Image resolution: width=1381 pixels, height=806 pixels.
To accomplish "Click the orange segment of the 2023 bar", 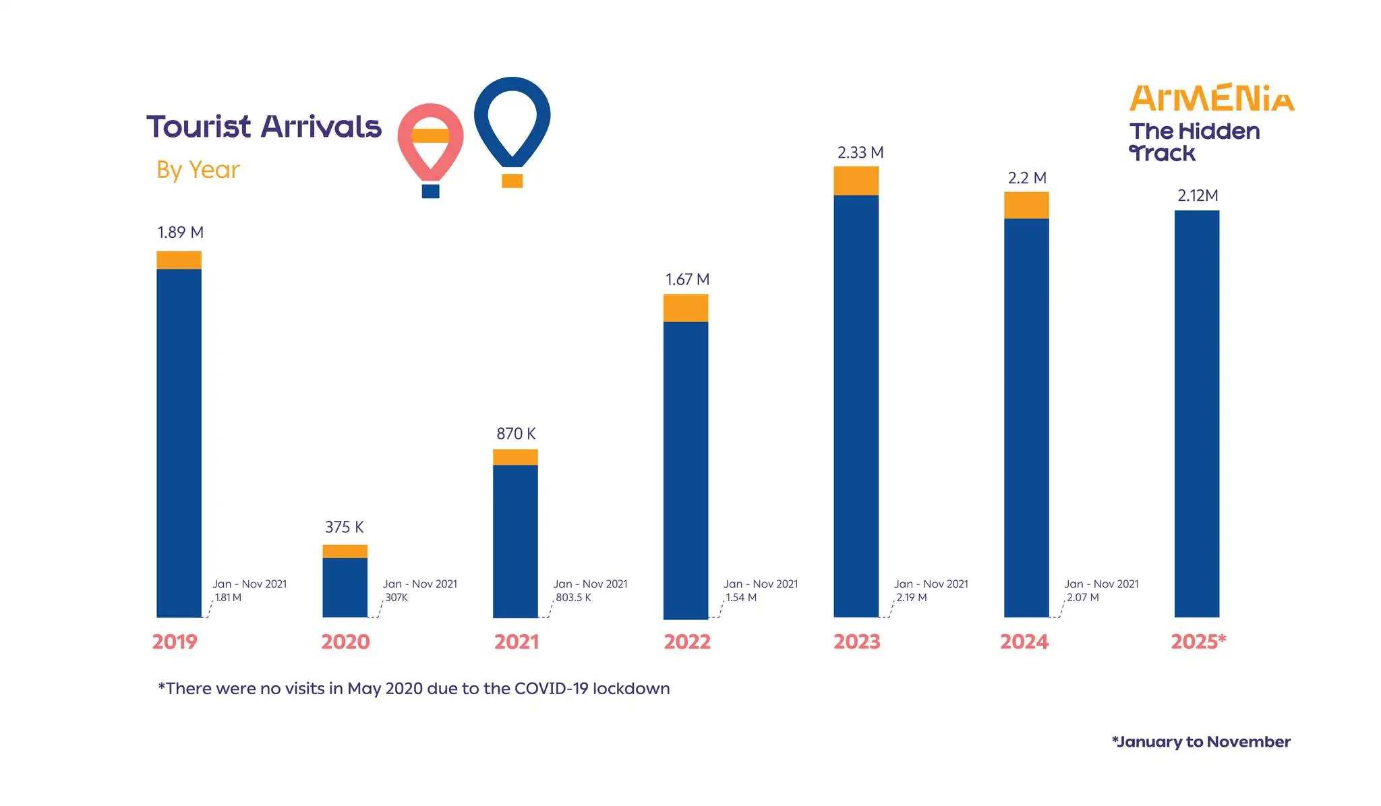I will (856, 181).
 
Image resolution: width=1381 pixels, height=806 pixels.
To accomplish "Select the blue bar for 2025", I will (1196, 414).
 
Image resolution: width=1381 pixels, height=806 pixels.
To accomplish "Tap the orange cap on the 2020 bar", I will (345, 551).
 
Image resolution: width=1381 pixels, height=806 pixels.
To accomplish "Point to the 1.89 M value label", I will (180, 232).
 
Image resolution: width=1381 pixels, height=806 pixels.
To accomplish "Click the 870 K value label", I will (516, 433).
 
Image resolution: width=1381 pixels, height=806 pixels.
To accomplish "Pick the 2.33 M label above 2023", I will (860, 153).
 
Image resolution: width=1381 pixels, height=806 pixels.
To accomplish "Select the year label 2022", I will (686, 642).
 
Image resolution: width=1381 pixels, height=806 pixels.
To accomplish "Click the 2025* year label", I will (1198, 642).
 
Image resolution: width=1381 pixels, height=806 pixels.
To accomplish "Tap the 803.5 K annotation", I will (573, 598).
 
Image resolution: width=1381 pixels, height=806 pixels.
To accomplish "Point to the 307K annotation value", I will (396, 598).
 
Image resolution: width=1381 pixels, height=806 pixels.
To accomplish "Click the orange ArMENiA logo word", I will (1212, 98).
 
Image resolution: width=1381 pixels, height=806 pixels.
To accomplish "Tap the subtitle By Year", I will (198, 170).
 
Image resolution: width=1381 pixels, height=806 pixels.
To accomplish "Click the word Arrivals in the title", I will (321, 127).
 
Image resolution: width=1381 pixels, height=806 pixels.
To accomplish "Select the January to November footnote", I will (1200, 742).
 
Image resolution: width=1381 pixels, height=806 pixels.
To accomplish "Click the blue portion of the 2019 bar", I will (179, 443).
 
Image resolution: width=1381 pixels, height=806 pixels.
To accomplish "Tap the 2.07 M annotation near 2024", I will (1082, 598).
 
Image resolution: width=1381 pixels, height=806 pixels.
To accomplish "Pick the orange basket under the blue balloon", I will (512, 181).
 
